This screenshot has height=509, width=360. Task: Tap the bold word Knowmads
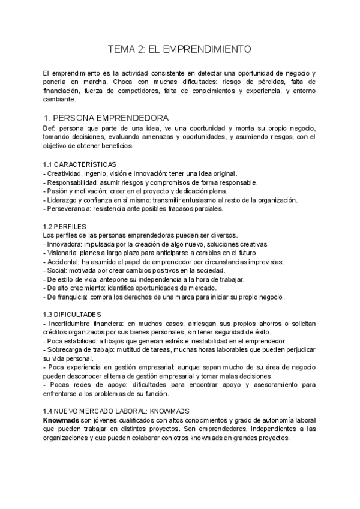point(61,420)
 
